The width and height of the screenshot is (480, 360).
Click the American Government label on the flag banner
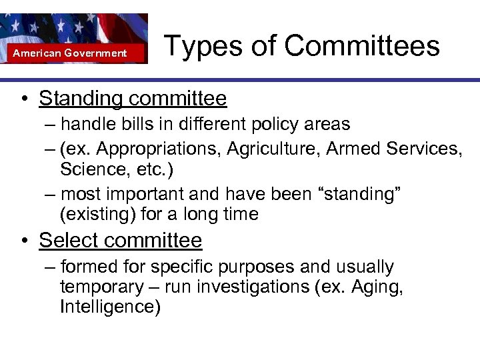(x=70, y=53)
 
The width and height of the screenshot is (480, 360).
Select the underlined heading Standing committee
(x=133, y=99)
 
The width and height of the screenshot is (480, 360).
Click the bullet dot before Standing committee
(x=23, y=100)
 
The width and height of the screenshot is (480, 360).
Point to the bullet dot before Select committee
(x=23, y=241)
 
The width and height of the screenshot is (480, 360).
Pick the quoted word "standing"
(x=361, y=194)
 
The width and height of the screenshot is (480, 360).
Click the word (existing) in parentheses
(x=91, y=213)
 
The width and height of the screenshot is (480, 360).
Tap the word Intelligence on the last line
(x=109, y=307)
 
